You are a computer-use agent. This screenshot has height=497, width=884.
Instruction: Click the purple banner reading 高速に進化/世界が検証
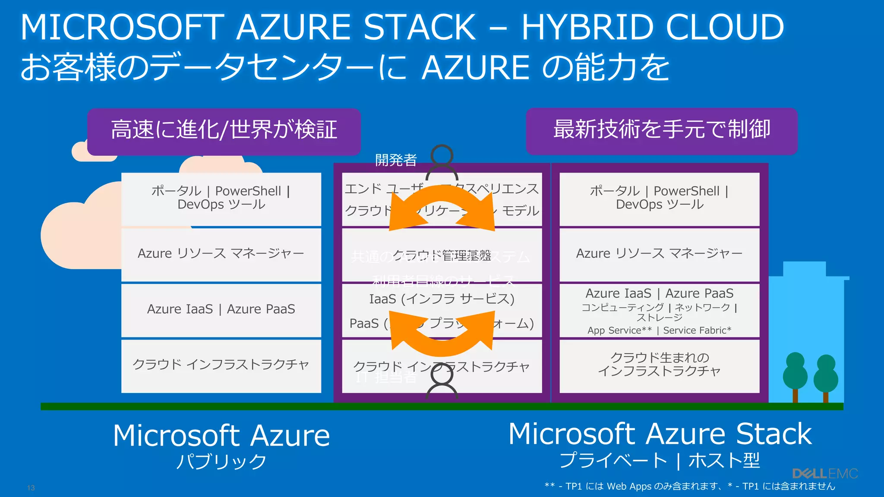point(224,131)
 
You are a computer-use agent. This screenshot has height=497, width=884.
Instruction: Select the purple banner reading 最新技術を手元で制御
point(661,131)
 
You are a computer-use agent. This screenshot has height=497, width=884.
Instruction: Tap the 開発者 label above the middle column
point(395,160)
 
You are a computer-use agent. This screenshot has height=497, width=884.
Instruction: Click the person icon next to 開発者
point(442,162)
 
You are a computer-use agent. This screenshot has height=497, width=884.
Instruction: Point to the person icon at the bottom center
point(442,382)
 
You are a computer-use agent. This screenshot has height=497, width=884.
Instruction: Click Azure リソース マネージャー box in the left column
point(221,254)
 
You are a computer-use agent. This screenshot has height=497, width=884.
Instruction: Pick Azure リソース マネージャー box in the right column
point(659,254)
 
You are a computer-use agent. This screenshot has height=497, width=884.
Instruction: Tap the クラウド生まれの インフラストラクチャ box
point(659,365)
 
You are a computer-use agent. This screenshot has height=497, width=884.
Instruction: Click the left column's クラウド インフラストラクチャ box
point(221,365)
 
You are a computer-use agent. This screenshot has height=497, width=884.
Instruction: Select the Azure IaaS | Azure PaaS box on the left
point(221,310)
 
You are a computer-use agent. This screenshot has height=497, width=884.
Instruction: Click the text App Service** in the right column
point(619,330)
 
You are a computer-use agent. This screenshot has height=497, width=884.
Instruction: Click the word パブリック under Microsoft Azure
point(221,462)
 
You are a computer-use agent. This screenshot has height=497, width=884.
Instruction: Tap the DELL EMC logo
point(825,474)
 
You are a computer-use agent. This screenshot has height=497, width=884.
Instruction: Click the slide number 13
point(31,488)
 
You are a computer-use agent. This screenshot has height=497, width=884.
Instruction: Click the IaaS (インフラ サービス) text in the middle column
point(442,299)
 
